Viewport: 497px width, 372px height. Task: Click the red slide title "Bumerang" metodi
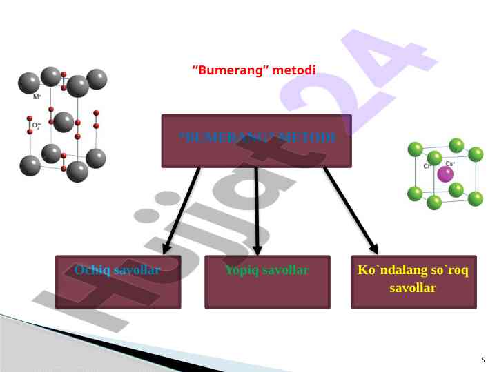253,70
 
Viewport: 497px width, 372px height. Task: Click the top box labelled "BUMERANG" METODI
257,141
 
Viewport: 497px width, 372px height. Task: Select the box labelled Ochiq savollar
118,282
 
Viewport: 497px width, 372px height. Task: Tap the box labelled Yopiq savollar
267,282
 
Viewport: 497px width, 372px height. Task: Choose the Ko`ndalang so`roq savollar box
413,282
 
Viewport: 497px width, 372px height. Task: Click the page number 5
483,360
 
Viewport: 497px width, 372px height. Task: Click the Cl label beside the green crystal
427,166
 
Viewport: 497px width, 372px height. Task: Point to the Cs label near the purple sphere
449,163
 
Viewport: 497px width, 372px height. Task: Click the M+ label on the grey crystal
37,97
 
